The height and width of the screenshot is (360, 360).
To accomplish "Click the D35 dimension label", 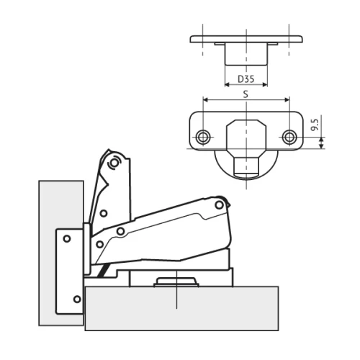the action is click(246, 78).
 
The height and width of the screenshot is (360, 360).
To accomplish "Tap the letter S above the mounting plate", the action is click(246, 94).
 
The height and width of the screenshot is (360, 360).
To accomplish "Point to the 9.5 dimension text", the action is click(315, 125).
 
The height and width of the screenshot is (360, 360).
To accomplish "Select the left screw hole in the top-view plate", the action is click(203, 137).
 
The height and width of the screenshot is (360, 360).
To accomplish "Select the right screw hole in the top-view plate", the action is click(289, 137).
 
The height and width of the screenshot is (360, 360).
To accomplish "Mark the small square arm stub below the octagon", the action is click(246, 166).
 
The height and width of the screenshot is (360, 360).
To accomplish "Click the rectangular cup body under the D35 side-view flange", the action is click(246, 54).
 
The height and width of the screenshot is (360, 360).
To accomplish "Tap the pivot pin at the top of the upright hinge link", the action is click(114, 163).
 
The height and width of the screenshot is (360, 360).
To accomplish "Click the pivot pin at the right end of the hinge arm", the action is click(219, 205).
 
